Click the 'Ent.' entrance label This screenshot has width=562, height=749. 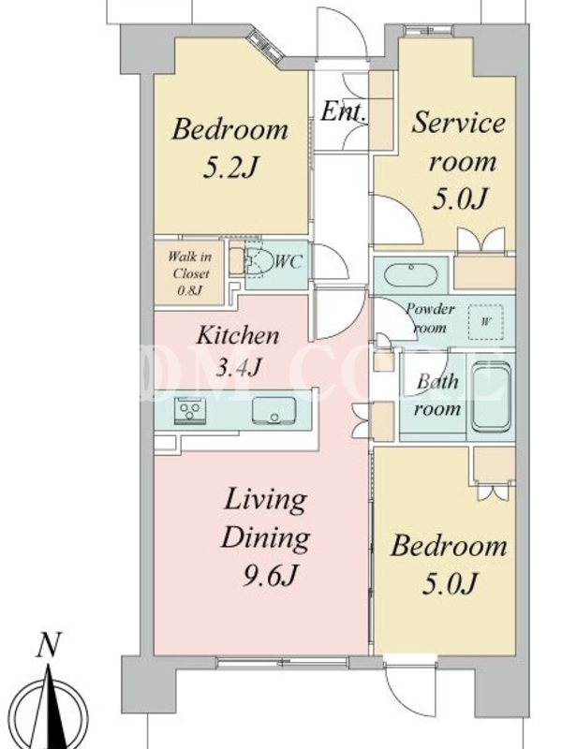pos(344,111)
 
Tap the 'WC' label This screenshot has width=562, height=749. pos(289,261)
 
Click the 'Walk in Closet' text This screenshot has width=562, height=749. pos(190,265)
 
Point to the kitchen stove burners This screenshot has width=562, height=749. pos(190,410)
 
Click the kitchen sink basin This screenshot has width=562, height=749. pos(274,410)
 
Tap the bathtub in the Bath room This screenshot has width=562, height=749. pos(491,397)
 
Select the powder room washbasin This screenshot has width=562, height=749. pos(410,275)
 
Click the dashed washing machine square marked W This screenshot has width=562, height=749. pos(485,322)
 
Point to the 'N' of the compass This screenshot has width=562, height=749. pos(50,646)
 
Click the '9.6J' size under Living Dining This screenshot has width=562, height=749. pos(270,577)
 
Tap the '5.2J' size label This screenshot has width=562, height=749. pos(230,168)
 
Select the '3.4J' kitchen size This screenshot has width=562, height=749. pos(238,367)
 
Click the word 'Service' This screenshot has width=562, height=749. pos(458,123)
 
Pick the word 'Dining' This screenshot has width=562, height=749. pos(265,539)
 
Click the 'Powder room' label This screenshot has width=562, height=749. pos(430,318)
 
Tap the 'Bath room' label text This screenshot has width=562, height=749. pos(437,395)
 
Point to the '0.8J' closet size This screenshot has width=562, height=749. pos(190,290)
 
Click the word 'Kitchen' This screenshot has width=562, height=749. pos(238,335)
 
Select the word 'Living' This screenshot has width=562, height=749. pos(265,501)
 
